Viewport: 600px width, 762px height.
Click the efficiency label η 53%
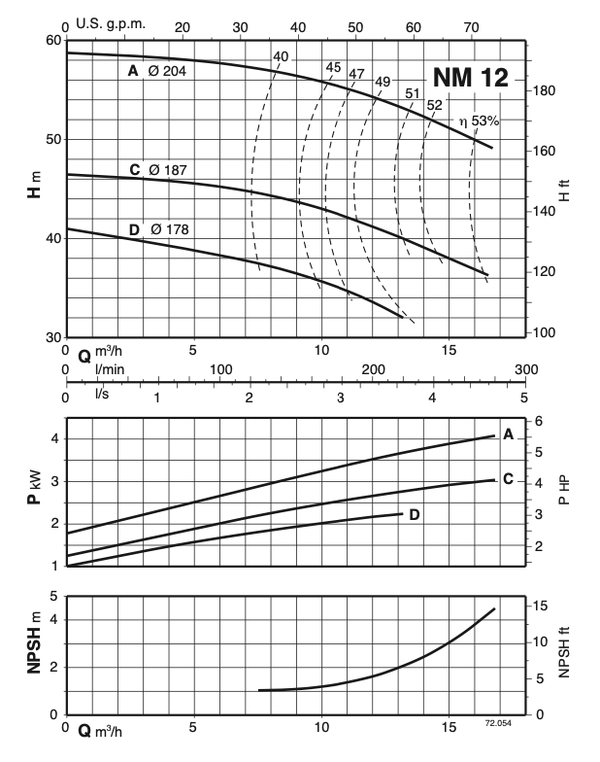coord(479,121)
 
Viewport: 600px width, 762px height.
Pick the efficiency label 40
coord(281,56)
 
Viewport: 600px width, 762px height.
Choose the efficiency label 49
coord(382,81)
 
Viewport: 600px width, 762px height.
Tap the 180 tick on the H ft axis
coord(546,90)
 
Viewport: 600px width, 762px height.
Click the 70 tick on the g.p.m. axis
coord(471,25)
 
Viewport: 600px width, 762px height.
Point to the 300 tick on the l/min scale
coord(525,369)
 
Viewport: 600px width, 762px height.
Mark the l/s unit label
coord(101,395)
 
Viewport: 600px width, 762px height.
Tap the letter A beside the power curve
coord(508,435)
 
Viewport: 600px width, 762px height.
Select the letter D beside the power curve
coord(415,514)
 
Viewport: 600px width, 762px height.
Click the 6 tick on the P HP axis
coord(540,421)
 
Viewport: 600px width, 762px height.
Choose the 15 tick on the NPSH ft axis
coord(545,606)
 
